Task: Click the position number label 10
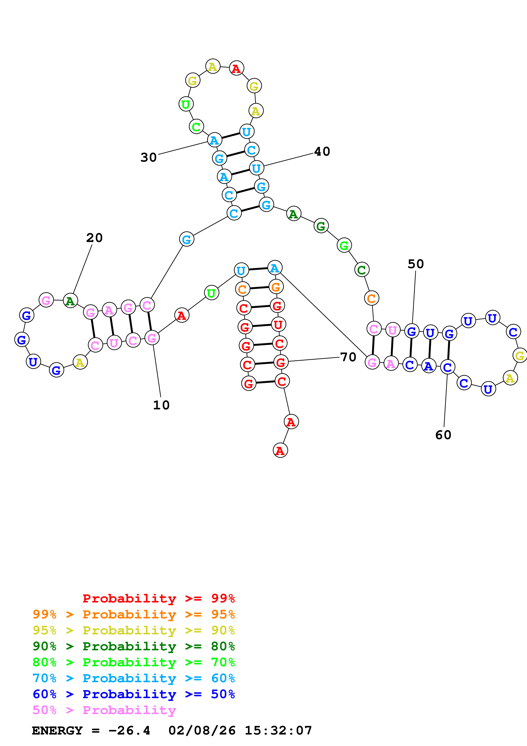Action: [161, 405]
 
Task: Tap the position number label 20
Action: [94, 238]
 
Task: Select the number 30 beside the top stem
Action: [148, 158]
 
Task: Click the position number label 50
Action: [416, 264]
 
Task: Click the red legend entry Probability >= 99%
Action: [158, 598]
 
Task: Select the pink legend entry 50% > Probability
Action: [104, 710]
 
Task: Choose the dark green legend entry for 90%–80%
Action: [134, 646]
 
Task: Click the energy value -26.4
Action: [129, 730]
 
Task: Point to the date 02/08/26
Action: [202, 730]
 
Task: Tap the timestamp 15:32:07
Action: [278, 730]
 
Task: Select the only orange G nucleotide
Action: [276, 287]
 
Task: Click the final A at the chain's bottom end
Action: [280, 451]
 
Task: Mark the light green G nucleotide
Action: [344, 245]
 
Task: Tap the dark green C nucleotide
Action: [362, 270]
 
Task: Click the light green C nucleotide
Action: [196, 127]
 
